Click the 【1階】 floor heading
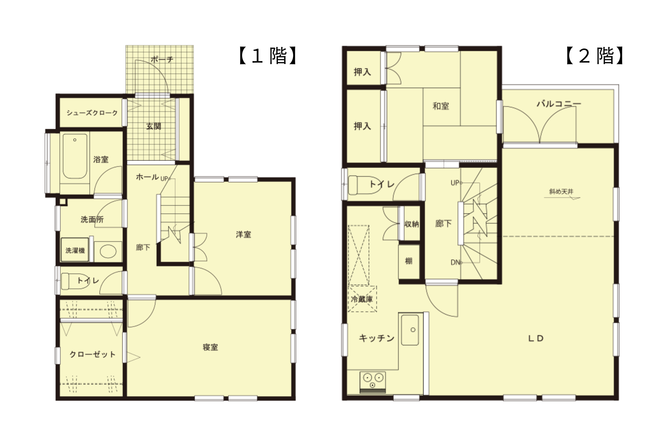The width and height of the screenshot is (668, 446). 268,56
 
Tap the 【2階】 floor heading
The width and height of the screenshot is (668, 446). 595,56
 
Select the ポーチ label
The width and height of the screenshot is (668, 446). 162,60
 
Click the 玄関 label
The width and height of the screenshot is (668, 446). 154,126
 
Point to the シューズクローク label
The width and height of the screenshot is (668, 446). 92,113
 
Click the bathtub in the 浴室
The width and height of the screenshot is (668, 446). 75,156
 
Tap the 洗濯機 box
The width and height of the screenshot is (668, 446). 75,250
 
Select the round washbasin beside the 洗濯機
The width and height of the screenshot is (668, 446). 108,252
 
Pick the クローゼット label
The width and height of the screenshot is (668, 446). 93,354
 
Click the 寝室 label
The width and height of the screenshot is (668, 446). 210,347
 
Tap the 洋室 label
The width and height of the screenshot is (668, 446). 243,235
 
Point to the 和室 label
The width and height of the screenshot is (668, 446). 441,106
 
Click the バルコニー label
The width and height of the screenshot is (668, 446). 559,104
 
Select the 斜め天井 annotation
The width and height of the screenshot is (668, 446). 561,191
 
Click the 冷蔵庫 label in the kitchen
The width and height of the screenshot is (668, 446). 362,299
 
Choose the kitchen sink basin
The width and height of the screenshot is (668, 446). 410,330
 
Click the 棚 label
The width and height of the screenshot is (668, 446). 409,261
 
